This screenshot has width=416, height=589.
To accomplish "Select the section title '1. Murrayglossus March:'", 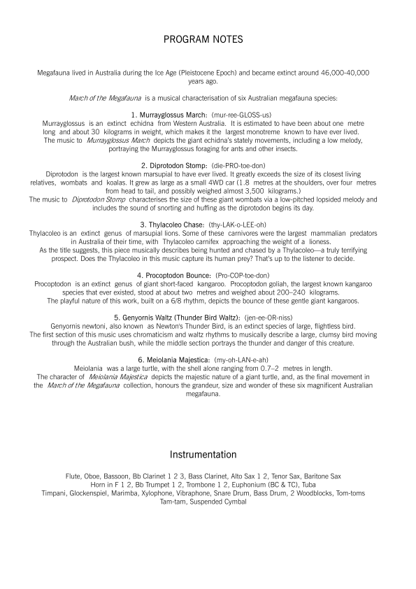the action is click(x=169, y=113).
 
